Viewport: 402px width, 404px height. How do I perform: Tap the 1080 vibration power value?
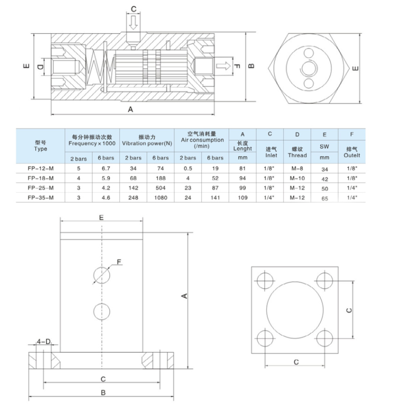pos(160,197)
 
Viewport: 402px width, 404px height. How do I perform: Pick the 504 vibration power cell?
pos(160,188)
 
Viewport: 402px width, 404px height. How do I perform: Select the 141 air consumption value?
pos(215,197)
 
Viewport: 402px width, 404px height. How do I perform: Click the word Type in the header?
pos(41,148)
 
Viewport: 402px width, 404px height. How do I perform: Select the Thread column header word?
pos(297,155)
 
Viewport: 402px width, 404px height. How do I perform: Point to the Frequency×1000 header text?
pos(92,143)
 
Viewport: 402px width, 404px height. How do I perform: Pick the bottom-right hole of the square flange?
pos(324,338)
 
